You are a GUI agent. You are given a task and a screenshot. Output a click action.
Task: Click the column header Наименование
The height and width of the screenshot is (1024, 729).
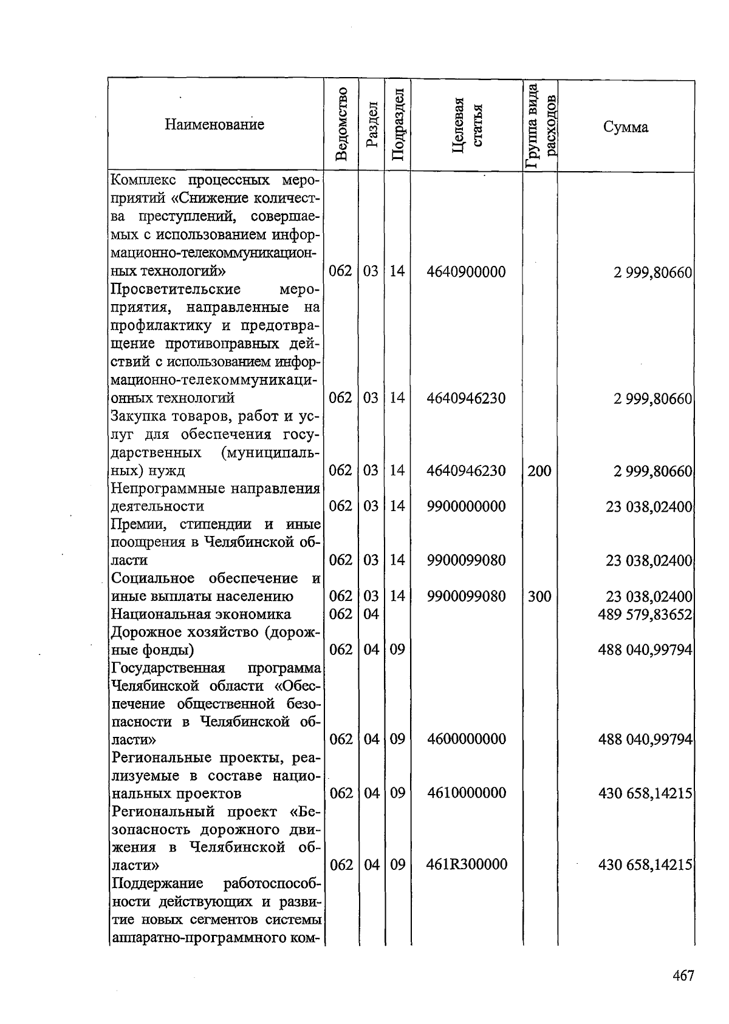(214, 125)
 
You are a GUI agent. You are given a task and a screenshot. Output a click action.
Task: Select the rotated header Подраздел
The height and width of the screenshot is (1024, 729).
(397, 124)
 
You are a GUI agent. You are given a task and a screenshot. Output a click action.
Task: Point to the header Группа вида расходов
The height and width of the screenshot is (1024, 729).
(540, 125)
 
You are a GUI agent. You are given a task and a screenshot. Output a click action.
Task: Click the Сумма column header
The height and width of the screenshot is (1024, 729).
(625, 127)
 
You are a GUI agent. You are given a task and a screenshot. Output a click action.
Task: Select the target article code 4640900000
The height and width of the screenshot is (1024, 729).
(466, 271)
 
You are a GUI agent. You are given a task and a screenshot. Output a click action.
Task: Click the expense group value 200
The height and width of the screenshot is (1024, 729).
(539, 470)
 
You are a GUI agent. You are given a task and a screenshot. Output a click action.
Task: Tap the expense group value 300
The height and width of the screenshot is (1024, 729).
(539, 597)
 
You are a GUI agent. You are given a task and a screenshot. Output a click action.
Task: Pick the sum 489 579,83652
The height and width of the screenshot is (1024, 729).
(645, 615)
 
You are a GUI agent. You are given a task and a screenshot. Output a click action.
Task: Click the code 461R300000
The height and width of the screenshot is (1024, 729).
(467, 864)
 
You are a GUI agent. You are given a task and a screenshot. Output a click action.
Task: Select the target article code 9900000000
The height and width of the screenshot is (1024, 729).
(466, 506)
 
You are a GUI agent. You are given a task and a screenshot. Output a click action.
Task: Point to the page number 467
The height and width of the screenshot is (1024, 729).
(683, 976)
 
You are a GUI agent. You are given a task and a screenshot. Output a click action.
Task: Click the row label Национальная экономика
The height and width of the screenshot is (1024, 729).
(201, 614)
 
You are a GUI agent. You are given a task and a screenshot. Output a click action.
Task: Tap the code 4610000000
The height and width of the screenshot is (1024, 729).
(466, 793)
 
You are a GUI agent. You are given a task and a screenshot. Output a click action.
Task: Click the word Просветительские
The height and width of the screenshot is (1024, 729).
(176, 289)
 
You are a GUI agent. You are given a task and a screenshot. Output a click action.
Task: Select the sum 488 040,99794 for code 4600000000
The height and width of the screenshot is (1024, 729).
(645, 739)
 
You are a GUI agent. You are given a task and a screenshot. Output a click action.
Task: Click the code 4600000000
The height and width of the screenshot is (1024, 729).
(466, 739)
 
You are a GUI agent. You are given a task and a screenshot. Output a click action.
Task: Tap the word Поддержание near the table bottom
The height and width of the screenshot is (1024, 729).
(157, 883)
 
